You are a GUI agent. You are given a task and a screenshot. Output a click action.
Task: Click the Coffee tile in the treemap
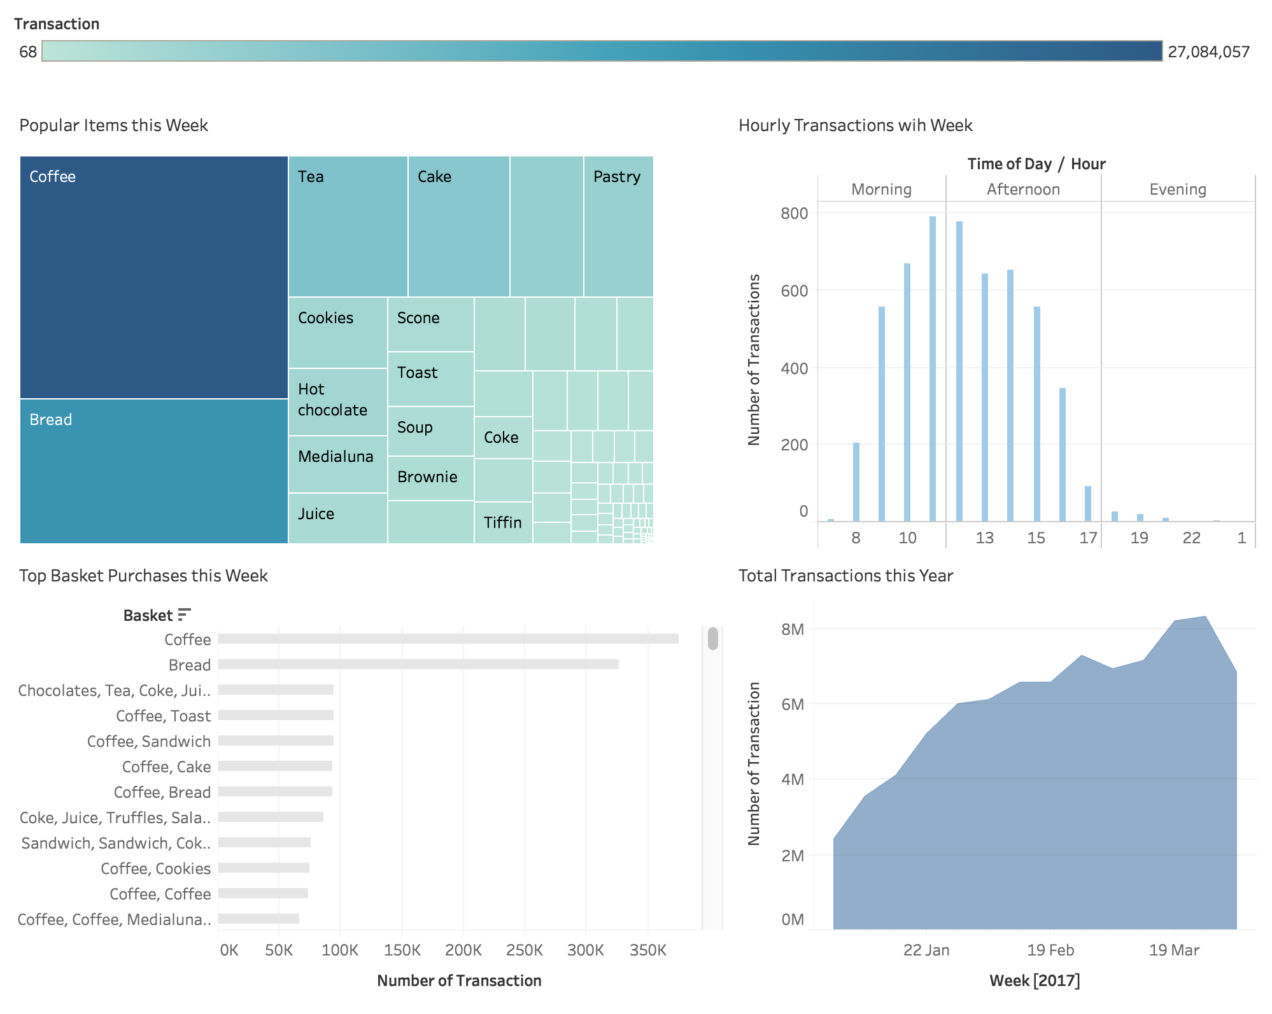pos(153,277)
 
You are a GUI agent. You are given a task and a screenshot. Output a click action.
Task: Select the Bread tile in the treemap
pos(153,471)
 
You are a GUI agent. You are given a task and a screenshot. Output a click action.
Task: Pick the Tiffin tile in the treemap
pos(503,522)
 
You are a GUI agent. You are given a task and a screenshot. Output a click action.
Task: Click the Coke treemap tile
pos(503,438)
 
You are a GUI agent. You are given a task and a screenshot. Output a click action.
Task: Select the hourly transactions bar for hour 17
pos(1088,504)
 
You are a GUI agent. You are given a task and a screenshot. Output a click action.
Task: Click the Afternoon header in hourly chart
pos(1023,189)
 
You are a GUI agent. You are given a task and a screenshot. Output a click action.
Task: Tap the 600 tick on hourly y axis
pos(794,291)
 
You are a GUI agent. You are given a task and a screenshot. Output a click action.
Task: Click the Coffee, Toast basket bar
pos(276,715)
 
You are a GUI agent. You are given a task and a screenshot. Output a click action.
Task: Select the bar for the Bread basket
pos(418,664)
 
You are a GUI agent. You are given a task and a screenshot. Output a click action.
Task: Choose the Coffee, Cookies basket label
pos(155,868)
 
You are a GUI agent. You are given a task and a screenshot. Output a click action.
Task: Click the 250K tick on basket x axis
pos(524,950)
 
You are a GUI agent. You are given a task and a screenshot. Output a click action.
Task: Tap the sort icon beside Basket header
pos(184,615)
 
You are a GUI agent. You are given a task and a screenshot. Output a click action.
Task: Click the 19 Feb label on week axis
pos(1050,950)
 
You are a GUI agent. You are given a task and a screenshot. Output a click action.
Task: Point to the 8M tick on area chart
pos(793,629)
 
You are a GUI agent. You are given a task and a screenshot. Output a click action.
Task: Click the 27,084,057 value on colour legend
pos(1208,52)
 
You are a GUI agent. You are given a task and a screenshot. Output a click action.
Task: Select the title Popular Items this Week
pos(113,125)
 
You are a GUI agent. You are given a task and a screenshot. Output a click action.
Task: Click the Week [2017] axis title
pos(1035,980)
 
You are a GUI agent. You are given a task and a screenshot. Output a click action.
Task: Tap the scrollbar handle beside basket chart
pos(712,639)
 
